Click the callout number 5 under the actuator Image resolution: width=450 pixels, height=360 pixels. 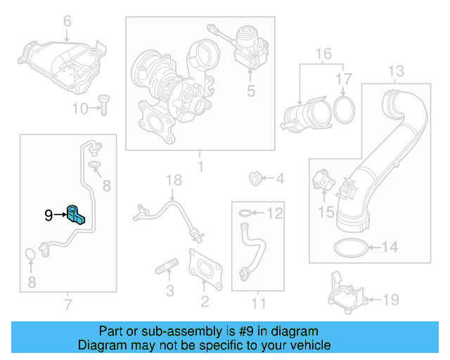(x=250, y=90)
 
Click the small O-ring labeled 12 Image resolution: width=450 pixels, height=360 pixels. (x=243, y=212)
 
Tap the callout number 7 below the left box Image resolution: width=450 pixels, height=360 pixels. (x=67, y=304)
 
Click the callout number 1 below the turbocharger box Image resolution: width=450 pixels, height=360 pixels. (x=200, y=167)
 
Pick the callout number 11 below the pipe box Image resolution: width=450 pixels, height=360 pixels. (x=259, y=304)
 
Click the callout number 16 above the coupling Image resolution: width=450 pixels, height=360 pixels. (x=323, y=53)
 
